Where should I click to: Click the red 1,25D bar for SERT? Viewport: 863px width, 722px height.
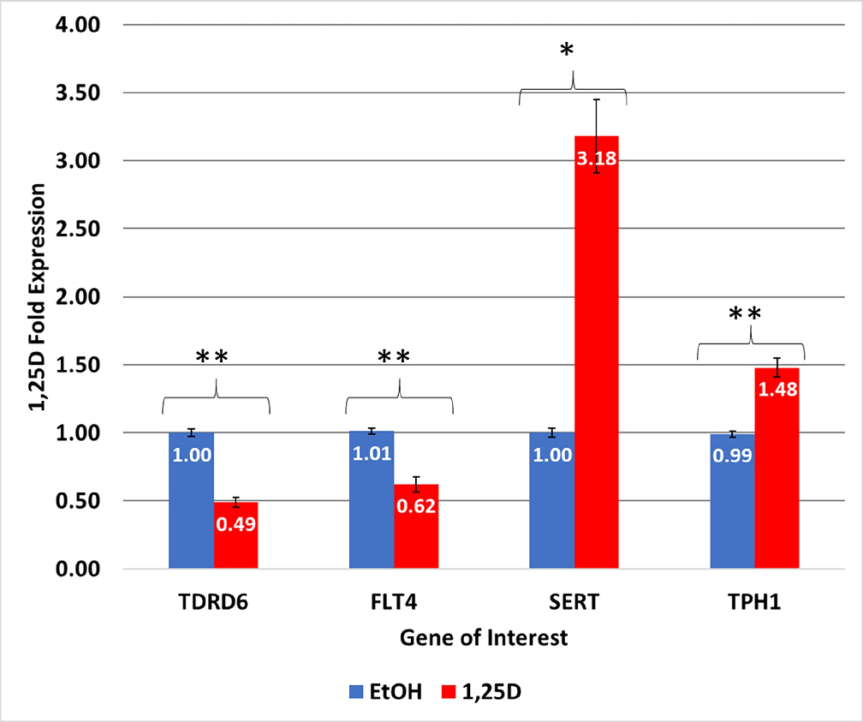[597, 360]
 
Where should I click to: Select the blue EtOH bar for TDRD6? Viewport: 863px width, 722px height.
[191, 505]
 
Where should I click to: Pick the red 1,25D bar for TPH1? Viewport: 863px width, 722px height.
[777, 480]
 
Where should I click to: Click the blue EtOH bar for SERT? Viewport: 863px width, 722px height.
[551, 505]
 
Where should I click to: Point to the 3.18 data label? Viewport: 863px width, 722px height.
[597, 159]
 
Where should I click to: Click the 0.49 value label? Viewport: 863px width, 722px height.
[235, 522]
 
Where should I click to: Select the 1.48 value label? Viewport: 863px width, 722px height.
[777, 390]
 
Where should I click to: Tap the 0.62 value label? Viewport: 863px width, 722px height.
[416, 505]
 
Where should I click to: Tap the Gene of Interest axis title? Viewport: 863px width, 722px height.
[484, 638]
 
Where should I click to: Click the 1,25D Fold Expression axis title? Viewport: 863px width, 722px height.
[38, 297]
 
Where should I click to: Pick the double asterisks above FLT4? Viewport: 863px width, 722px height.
[394, 358]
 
